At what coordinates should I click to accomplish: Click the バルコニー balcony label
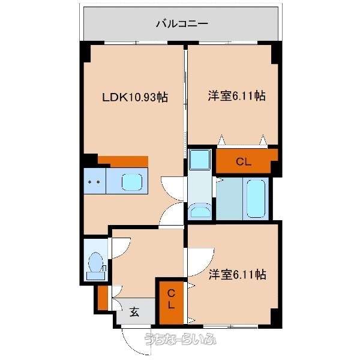click(x=182, y=23)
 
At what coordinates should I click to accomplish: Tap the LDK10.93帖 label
click(x=135, y=97)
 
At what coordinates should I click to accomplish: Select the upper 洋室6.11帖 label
click(x=237, y=95)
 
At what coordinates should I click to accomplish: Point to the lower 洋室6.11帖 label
click(x=238, y=274)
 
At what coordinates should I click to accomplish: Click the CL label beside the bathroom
click(x=244, y=162)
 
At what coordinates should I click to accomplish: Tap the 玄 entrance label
click(x=134, y=312)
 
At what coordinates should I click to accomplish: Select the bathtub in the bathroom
click(x=256, y=199)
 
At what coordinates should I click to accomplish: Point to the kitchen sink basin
click(x=132, y=182)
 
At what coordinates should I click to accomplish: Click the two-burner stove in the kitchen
click(x=94, y=181)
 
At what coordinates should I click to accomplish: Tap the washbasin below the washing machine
click(x=200, y=211)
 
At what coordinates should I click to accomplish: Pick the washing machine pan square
click(x=200, y=160)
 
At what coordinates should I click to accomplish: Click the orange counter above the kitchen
click(x=123, y=161)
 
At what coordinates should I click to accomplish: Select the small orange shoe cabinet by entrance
click(x=103, y=298)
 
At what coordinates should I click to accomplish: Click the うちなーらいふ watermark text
click(x=180, y=338)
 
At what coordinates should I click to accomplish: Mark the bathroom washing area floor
click(x=229, y=199)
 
